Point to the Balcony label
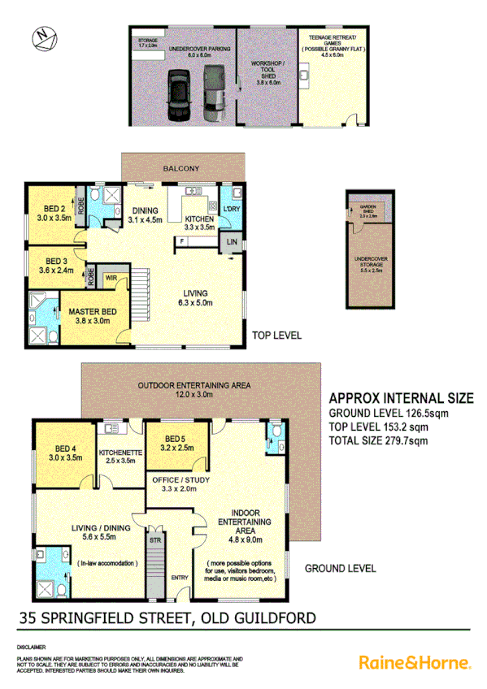click(180, 168)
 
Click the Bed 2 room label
click(50, 213)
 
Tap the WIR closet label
click(111, 278)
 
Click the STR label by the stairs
click(154, 538)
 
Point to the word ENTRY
click(178, 578)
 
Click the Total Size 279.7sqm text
click(378, 441)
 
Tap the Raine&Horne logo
click(415, 662)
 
